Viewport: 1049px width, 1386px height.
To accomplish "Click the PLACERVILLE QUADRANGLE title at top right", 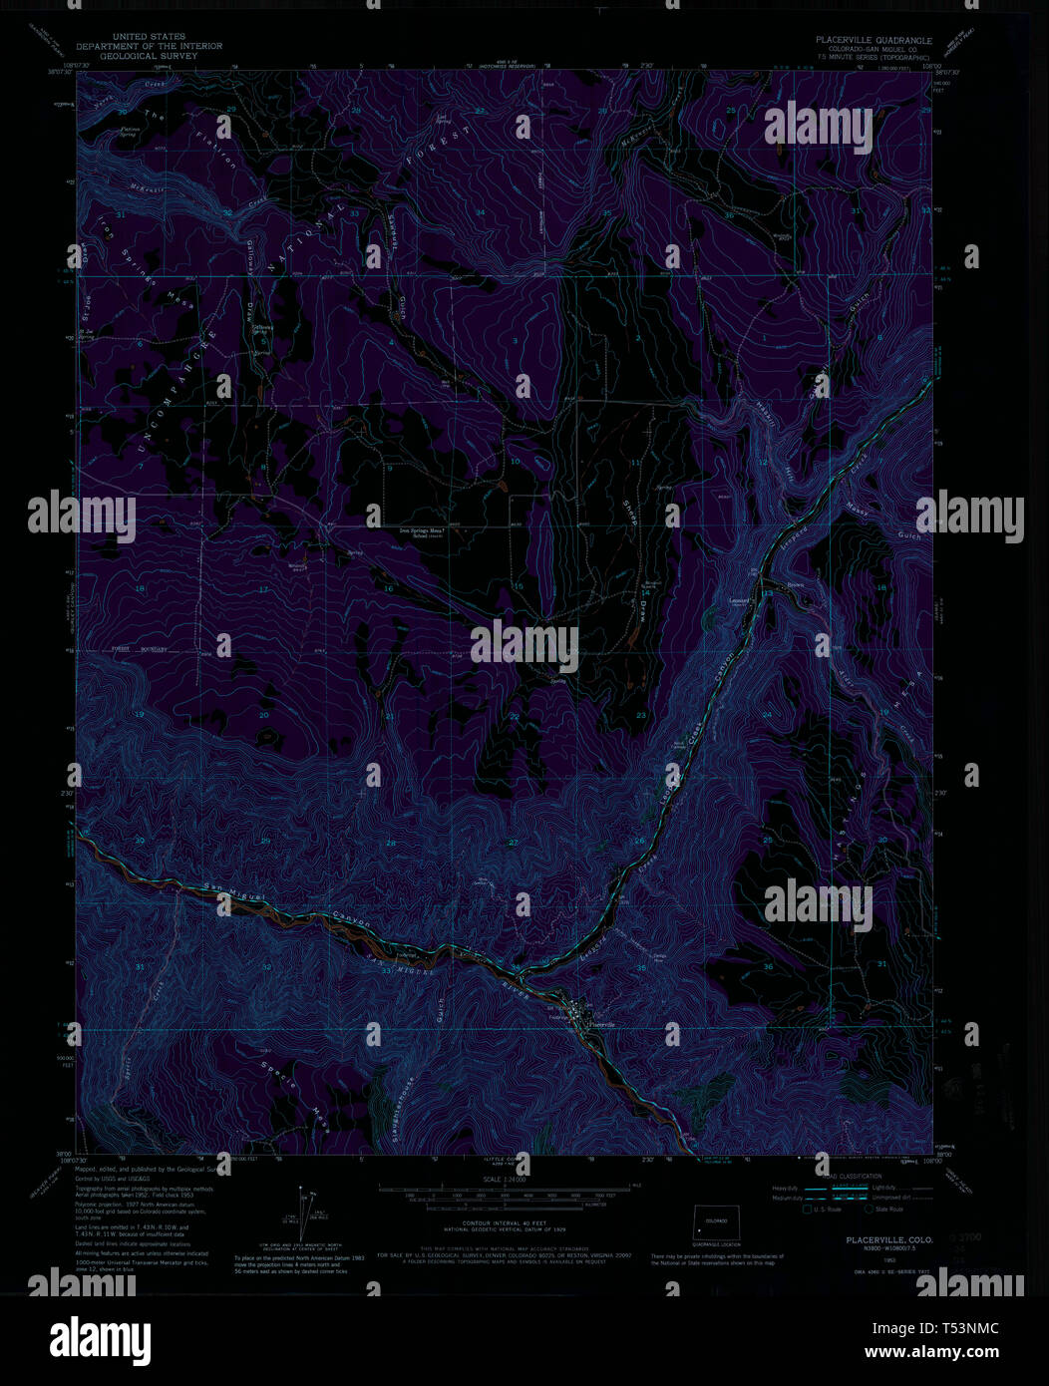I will pos(874,41).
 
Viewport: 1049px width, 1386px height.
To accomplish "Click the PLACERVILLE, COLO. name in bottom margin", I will pos(874,1238).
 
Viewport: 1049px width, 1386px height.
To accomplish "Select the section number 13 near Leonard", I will pos(767,593).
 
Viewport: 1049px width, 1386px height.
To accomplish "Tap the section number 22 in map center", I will pos(515,717).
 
